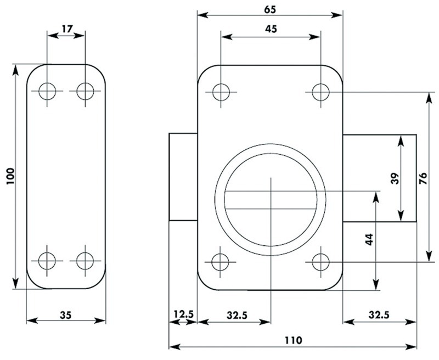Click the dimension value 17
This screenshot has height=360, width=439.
67,29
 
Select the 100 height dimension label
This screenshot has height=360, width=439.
10,176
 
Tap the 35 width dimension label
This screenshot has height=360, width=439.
66,315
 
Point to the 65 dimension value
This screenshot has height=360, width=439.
270,9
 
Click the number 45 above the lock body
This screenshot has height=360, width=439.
271,29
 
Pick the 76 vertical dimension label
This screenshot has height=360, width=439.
423,178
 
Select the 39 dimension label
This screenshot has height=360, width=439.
395,178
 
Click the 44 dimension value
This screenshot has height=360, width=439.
370,240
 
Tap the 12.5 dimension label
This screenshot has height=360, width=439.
183,314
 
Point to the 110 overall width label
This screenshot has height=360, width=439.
294,340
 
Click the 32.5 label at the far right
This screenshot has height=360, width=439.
379,315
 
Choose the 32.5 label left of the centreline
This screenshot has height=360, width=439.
237,316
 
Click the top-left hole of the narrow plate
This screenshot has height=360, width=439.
47,91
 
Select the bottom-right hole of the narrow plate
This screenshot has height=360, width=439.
85,261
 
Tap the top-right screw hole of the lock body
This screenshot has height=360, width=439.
321,92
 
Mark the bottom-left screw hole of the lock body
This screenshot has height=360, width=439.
221,262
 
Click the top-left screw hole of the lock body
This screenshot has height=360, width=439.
221,92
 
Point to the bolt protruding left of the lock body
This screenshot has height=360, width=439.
183,177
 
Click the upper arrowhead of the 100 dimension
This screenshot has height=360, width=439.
16,70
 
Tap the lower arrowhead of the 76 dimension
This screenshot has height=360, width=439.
429,256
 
